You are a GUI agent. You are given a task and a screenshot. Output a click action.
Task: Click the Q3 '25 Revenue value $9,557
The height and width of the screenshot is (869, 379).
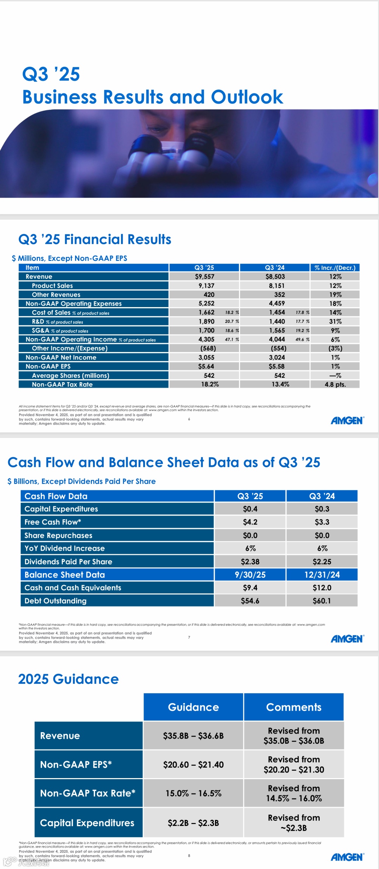205,277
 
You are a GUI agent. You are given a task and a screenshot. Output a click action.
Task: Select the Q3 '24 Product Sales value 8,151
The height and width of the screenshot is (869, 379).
277,286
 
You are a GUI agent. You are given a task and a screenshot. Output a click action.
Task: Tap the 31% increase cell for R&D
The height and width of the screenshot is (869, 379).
335,321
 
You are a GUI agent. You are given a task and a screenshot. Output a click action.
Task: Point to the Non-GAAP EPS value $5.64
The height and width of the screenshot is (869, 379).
206,366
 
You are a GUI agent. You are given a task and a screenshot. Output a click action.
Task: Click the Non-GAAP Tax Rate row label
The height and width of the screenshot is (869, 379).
62,384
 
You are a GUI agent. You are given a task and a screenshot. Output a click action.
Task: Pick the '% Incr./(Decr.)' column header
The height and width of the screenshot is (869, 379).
335,268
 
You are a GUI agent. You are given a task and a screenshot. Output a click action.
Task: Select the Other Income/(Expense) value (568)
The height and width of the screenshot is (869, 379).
208,348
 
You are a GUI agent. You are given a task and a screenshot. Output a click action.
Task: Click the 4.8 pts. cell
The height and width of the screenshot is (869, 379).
335,384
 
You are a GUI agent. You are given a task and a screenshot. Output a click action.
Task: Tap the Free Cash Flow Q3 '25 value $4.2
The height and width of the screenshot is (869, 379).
250,522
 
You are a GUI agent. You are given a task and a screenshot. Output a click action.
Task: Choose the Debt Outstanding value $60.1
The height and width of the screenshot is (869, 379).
322,601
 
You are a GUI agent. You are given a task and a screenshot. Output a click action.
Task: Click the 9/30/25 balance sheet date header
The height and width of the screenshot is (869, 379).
250,575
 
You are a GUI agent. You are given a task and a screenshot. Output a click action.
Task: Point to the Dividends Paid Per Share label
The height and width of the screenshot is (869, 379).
68,562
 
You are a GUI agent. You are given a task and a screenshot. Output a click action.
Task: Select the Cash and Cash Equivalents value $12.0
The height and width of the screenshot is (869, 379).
322,588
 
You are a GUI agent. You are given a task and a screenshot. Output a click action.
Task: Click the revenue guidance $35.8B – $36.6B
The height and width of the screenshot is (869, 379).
193,736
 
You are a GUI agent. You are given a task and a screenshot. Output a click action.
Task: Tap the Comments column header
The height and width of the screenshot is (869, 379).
294,707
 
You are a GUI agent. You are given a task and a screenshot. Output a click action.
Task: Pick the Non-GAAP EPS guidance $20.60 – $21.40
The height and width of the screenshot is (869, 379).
193,764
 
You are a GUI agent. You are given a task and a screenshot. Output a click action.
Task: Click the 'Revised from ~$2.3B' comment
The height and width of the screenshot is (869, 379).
294,823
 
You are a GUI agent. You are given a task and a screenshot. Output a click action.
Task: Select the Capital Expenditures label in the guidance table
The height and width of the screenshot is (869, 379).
87,823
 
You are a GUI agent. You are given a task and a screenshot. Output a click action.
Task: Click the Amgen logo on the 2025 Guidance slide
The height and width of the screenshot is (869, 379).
347,857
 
